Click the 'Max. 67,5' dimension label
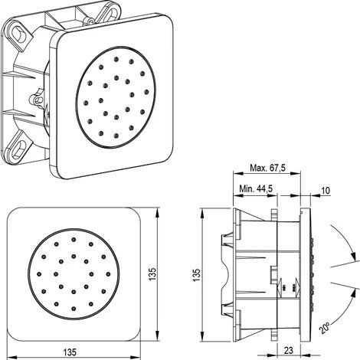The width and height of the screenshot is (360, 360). pos(267,168)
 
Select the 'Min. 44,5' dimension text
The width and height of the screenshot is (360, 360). pos(256,188)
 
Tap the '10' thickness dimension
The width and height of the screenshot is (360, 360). pos(326,191)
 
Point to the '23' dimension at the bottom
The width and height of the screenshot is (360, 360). pos(288,350)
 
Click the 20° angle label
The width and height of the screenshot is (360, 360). pos(325,328)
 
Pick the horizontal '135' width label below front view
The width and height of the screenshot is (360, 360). pos(70,352)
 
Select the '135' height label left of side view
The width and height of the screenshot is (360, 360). pos(197,275)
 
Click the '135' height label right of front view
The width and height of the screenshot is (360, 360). pos(152,274)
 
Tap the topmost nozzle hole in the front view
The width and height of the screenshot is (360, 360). pos(74,239)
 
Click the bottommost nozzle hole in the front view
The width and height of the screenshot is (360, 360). pos(74,309)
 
